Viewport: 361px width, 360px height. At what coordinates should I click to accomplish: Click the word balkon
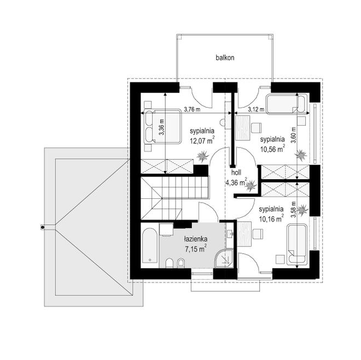coord(225,57)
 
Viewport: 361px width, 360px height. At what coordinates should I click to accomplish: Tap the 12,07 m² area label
coord(202,140)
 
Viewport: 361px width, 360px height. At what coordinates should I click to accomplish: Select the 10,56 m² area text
coord(272,149)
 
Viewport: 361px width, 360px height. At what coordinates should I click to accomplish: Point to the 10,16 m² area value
coord(271,219)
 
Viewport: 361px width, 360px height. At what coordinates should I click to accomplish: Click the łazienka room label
coord(195,239)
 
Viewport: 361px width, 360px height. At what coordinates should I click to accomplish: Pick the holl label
coord(236,172)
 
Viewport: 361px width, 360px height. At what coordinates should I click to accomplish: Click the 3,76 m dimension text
coord(192,109)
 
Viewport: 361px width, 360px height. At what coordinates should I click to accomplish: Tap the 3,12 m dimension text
coord(256,109)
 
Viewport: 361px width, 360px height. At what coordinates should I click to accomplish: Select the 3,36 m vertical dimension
coord(161,127)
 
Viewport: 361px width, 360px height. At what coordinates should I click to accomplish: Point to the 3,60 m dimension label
coord(293,135)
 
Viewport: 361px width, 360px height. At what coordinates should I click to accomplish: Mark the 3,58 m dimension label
coord(293,209)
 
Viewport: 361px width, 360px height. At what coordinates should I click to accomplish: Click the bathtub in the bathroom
coord(150,245)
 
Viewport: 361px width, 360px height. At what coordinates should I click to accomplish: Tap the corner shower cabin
coord(224,258)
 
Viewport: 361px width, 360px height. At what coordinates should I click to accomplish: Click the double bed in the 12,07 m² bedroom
coord(162,127)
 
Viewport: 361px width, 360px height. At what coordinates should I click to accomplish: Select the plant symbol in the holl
coord(251,185)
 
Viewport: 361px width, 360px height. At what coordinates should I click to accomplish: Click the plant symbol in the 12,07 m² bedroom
coord(203,156)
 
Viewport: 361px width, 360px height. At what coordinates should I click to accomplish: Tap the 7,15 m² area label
coord(196,249)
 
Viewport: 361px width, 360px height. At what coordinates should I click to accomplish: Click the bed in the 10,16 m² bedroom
coord(297,244)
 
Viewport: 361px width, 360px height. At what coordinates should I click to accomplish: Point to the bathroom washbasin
coord(230,234)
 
